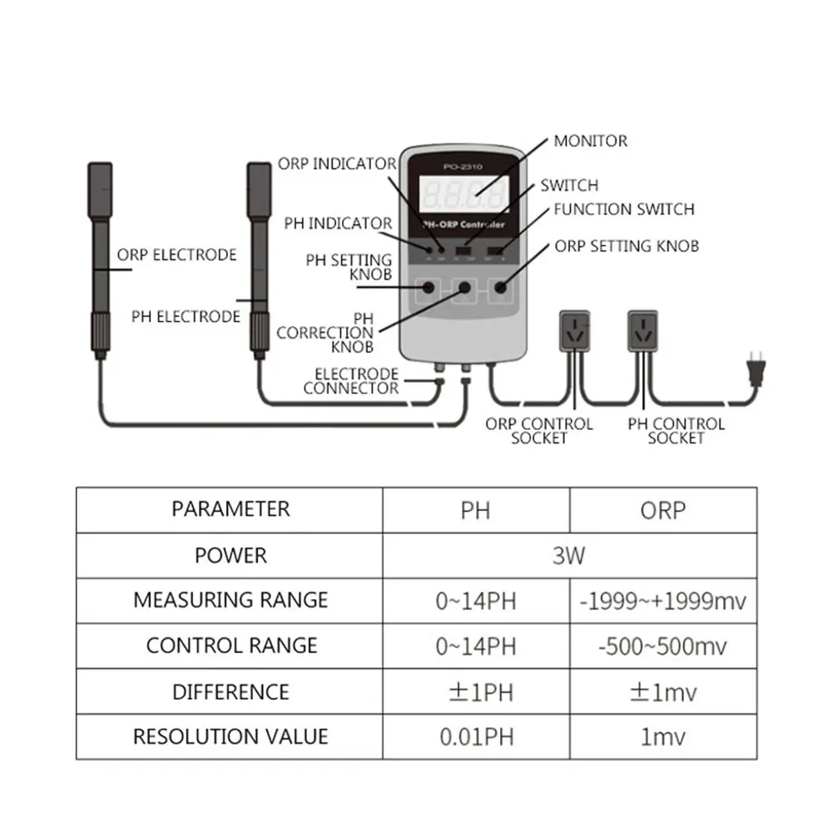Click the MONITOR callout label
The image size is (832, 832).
point(591,141)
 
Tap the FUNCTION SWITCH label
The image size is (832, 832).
point(624,210)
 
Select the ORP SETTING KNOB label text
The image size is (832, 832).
point(626,246)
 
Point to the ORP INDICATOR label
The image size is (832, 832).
point(337,164)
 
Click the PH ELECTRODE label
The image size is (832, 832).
point(186,316)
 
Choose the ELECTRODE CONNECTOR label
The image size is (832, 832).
point(351,381)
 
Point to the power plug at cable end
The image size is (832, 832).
point(756,368)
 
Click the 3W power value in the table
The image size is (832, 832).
point(569,555)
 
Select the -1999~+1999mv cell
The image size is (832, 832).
point(662,601)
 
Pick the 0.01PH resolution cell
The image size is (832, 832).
point(476,737)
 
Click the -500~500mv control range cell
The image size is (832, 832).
point(662,646)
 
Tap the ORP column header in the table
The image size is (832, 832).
point(662,510)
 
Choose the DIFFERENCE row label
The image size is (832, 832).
point(230,691)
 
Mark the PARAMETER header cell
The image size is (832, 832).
point(230,509)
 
